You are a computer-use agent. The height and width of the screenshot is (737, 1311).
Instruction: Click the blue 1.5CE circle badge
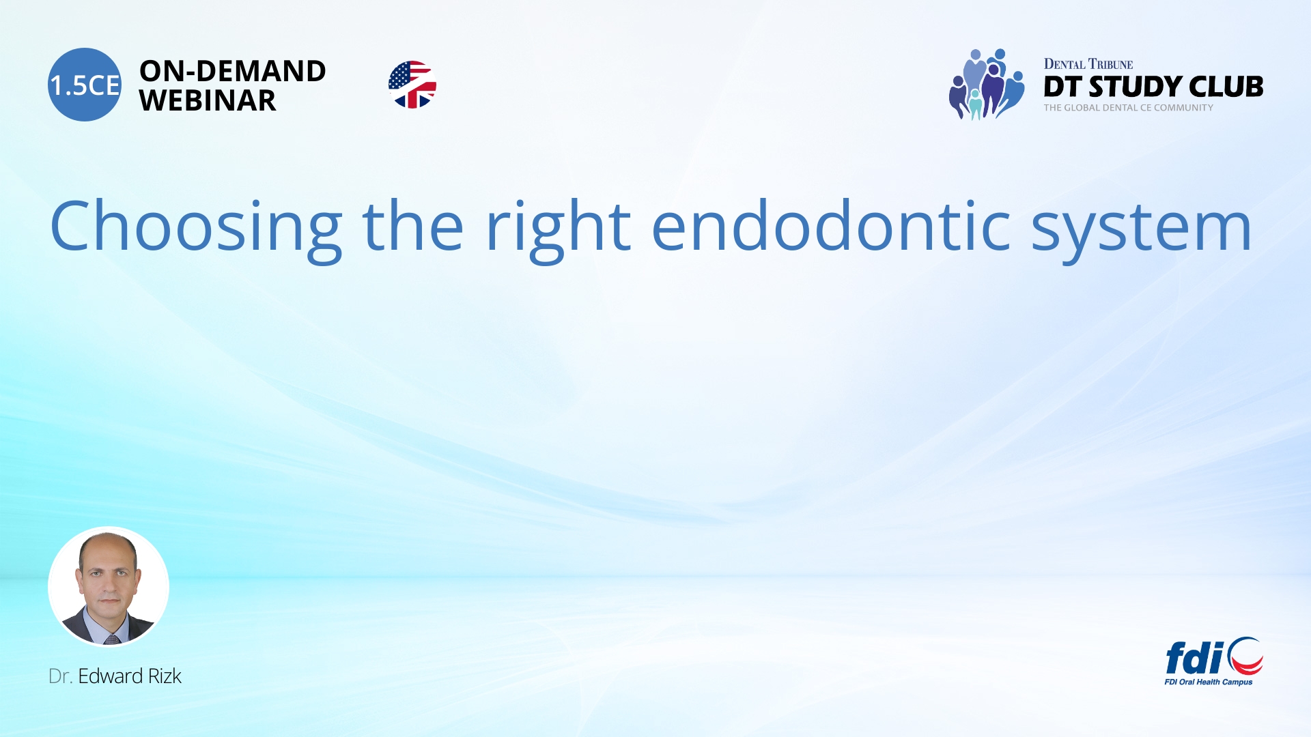85,85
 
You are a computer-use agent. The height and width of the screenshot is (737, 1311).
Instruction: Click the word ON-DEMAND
232,71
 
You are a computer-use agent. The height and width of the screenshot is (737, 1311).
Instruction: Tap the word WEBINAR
207,101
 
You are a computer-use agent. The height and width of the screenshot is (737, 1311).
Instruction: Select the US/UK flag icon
412,85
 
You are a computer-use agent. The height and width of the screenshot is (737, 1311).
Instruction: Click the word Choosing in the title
196,227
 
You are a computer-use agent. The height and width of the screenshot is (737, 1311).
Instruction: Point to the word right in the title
558,227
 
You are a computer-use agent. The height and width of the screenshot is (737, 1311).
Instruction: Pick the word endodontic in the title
831,227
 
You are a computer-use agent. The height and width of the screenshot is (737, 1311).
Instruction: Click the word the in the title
412,227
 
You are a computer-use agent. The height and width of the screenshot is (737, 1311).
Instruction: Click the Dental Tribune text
1088,64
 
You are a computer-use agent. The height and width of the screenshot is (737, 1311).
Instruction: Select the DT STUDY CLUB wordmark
1153,87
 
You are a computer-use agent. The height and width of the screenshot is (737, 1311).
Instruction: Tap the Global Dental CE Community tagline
1128,108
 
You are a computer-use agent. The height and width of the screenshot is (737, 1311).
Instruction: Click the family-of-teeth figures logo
986,85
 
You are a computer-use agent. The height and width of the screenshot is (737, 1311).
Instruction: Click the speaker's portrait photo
109,586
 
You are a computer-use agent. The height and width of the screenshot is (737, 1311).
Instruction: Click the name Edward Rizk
130,676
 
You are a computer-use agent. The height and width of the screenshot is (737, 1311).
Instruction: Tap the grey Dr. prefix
60,676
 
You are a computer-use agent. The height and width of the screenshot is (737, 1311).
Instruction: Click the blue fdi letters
1194,658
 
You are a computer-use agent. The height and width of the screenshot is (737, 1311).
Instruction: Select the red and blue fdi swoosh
1246,656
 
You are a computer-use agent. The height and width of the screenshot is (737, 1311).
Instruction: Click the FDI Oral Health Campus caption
1208,682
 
